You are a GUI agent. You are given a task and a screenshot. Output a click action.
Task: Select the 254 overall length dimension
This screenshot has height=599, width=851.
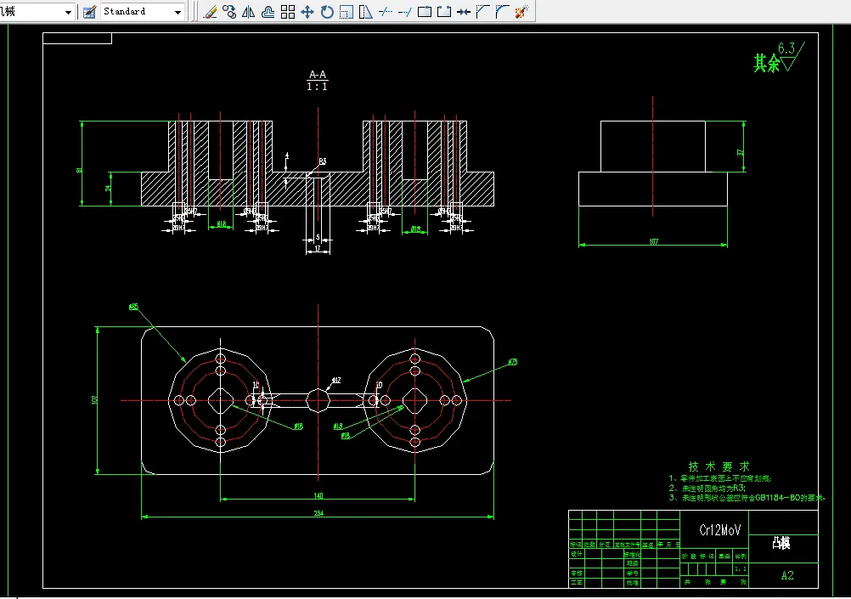(x=318, y=512)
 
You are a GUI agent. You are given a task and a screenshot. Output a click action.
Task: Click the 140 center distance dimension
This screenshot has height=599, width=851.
(x=318, y=495)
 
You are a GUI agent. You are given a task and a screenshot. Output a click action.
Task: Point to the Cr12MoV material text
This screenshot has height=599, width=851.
(x=720, y=529)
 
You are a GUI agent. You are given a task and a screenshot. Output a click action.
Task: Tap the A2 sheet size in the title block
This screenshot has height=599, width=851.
(x=787, y=575)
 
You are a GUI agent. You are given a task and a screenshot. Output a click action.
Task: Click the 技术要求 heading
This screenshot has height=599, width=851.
(x=719, y=466)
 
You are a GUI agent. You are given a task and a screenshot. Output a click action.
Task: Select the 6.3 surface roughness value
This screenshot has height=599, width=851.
(x=787, y=48)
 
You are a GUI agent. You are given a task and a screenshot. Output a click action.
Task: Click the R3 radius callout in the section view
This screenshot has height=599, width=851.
(x=323, y=161)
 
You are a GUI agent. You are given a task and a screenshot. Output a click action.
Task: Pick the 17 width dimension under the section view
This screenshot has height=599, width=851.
(x=318, y=250)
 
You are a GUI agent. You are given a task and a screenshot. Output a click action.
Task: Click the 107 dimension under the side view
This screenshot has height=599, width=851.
(x=653, y=242)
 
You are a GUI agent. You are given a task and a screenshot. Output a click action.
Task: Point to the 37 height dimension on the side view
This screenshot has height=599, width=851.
(x=741, y=152)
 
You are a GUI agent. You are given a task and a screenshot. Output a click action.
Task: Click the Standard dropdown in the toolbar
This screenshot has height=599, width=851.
(x=141, y=12)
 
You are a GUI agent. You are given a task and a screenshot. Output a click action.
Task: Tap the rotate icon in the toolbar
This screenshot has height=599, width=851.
(x=327, y=12)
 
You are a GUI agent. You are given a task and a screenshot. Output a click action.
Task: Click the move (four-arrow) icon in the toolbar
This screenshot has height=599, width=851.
(x=307, y=12)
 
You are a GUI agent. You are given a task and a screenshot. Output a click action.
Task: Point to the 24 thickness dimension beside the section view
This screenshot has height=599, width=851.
(x=109, y=189)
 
